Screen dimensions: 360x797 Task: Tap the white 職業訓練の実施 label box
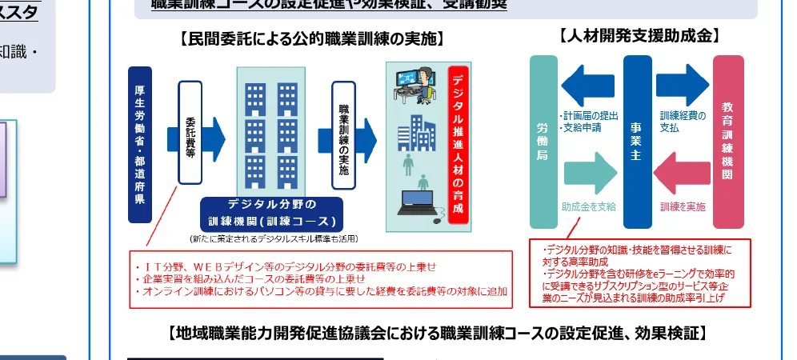pos(343,136)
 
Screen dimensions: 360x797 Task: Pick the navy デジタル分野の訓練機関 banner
pos(271,212)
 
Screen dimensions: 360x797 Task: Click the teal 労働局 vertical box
pos(543,142)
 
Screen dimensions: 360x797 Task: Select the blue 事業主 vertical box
pos(637,142)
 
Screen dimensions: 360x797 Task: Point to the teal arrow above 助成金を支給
pos(591,171)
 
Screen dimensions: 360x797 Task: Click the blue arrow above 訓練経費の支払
pos(683,84)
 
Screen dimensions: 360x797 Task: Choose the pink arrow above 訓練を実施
pos(682,171)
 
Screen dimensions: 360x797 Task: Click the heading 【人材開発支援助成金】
pos(639,36)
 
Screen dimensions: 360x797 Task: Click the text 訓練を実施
pos(683,206)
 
